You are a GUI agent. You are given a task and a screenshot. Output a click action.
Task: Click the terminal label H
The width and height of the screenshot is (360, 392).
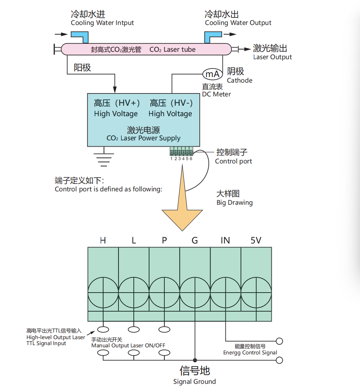click(103, 240)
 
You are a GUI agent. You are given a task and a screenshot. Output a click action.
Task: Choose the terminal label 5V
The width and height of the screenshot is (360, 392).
click(256, 240)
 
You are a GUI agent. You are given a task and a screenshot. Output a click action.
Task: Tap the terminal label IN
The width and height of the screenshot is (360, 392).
click(225, 240)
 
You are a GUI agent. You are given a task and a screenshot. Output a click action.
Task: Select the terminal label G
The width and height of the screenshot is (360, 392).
click(195, 240)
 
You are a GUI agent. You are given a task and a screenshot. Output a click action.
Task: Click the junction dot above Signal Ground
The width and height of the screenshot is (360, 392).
click(195, 360)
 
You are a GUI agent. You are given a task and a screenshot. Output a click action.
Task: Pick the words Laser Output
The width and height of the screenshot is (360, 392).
click(272, 57)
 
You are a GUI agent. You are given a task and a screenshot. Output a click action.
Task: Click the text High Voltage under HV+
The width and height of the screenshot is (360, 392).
click(116, 114)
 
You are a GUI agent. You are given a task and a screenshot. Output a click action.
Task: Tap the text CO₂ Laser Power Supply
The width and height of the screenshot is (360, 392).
click(143, 138)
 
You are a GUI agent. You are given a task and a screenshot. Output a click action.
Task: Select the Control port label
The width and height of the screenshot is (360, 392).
click(233, 161)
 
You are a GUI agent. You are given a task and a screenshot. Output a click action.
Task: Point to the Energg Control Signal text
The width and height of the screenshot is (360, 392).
click(250, 353)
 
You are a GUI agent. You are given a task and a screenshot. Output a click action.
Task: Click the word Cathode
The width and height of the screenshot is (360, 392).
click(240, 80)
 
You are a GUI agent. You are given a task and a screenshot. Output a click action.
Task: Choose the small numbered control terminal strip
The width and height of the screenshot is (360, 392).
click(181, 151)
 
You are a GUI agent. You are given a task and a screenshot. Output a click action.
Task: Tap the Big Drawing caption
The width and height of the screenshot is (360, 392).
click(234, 203)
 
